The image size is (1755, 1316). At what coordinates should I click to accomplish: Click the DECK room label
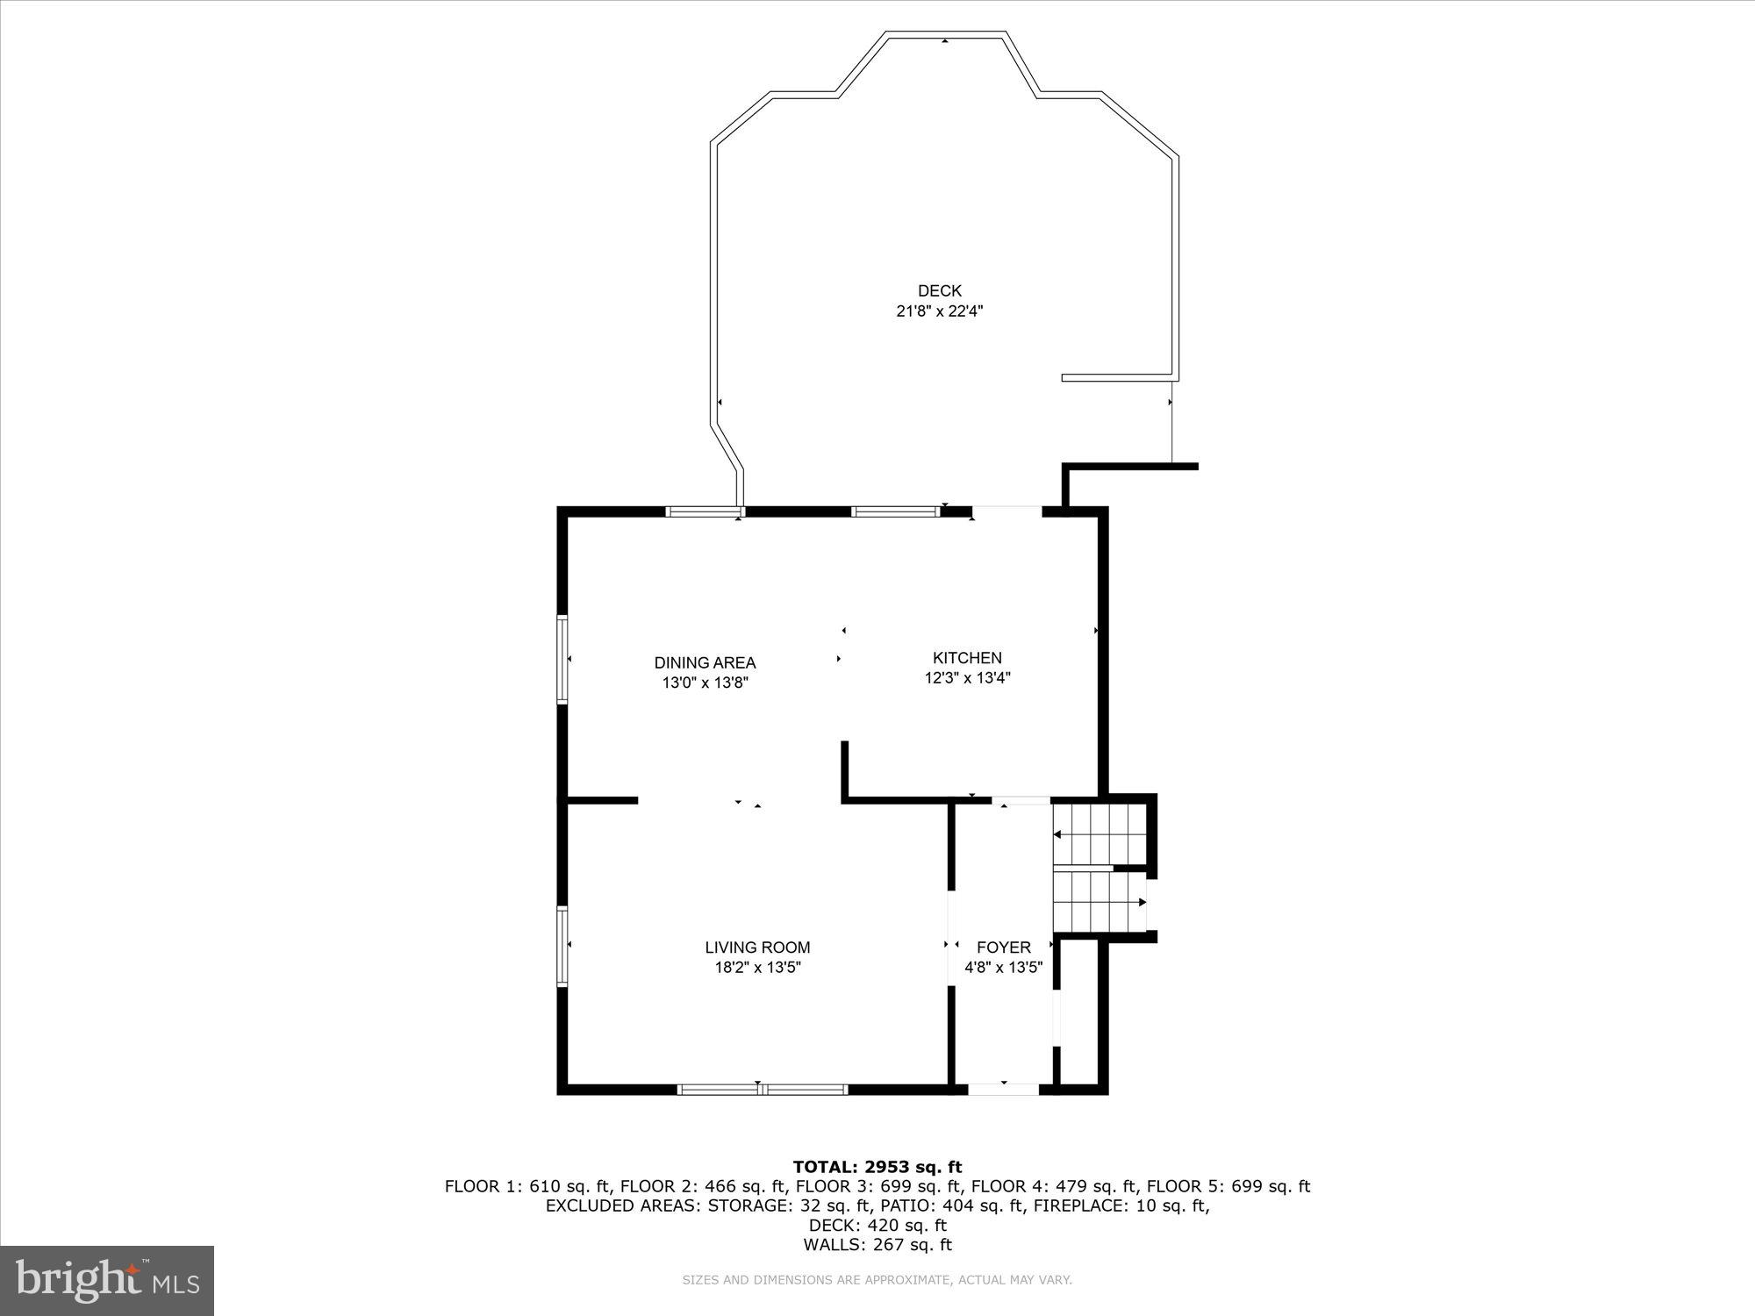point(939,290)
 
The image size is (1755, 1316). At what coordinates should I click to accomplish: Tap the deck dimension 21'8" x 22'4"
point(939,311)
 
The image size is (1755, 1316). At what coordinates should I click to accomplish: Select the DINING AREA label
point(705,663)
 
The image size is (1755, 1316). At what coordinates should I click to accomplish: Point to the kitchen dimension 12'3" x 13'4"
point(967,678)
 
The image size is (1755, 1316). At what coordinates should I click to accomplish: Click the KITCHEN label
point(967,658)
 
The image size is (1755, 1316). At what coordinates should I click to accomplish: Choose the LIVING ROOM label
point(757,948)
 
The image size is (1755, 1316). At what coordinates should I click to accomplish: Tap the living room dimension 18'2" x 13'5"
point(757,968)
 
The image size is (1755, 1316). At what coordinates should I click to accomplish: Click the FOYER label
point(1003,948)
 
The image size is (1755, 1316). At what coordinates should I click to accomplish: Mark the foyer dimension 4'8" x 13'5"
point(1003,968)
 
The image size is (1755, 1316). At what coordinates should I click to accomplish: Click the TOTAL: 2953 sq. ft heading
point(877,1167)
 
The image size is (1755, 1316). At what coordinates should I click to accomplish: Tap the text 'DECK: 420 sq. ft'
point(877,1225)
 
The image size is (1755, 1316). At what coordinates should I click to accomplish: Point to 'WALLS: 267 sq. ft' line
point(877,1244)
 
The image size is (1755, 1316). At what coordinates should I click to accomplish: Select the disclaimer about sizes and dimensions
point(877,1280)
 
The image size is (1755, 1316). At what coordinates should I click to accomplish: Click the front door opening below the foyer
point(1003,1089)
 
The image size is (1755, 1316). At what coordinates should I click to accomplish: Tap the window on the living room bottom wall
point(762,1089)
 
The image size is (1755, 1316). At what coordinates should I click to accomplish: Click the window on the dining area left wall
point(562,659)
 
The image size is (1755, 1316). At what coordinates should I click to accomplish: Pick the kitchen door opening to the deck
point(1006,511)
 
